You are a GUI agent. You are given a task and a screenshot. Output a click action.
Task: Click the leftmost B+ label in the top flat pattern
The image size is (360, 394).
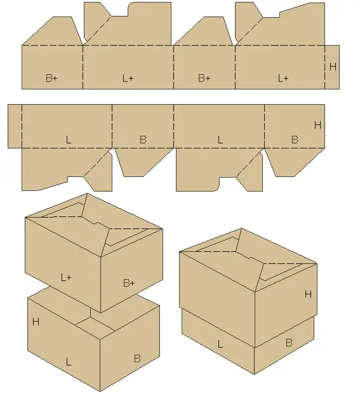51,78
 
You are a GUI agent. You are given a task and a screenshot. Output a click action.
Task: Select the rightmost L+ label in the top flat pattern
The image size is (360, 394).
283,79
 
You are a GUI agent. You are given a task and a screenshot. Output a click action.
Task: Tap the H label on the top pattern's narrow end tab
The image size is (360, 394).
333,67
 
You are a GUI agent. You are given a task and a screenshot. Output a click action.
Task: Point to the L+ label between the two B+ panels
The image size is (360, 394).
128,78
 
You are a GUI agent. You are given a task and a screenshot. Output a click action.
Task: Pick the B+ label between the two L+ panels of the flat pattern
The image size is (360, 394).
204,78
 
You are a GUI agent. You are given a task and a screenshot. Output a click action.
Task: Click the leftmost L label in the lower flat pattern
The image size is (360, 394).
68,140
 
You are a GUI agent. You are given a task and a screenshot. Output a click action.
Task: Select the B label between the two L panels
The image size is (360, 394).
143,140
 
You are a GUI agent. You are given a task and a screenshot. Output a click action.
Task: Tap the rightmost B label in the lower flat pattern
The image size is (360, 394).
295,140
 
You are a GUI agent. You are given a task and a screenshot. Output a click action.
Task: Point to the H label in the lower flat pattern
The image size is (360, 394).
317,125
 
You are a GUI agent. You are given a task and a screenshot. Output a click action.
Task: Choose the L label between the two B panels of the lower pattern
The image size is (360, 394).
220,140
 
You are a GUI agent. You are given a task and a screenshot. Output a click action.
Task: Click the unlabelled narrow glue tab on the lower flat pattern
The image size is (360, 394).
15,126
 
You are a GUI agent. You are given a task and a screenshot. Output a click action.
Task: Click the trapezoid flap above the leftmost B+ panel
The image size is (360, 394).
53,31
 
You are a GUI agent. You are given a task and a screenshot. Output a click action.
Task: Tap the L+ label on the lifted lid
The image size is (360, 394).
66,277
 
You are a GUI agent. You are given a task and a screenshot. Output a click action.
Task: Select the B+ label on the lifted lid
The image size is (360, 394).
129,283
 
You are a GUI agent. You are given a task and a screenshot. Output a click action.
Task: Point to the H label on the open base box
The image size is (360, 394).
36,322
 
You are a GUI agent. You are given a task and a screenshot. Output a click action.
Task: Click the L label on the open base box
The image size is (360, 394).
68,362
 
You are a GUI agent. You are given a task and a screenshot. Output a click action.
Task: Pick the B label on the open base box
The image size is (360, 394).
137,358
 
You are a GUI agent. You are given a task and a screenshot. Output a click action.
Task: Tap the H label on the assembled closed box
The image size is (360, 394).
308,294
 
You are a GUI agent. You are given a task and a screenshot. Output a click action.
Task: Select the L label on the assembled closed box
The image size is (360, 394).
220,344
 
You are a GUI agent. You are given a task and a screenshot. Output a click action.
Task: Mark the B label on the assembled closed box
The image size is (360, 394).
289,343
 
